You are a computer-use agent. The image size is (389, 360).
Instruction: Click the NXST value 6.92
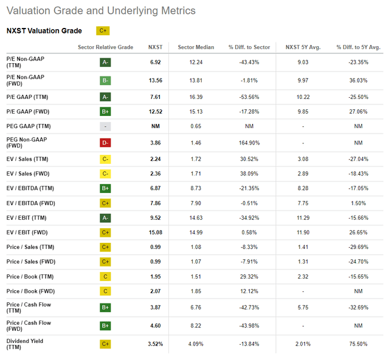[x=156, y=62]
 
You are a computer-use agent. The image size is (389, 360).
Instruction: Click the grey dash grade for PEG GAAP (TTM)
[x=106, y=126]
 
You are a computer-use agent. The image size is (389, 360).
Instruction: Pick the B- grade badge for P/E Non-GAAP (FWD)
[x=106, y=80]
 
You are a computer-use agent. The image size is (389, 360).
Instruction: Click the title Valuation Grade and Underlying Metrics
[x=101, y=11]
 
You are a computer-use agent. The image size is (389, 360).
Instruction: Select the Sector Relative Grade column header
[x=106, y=47]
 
